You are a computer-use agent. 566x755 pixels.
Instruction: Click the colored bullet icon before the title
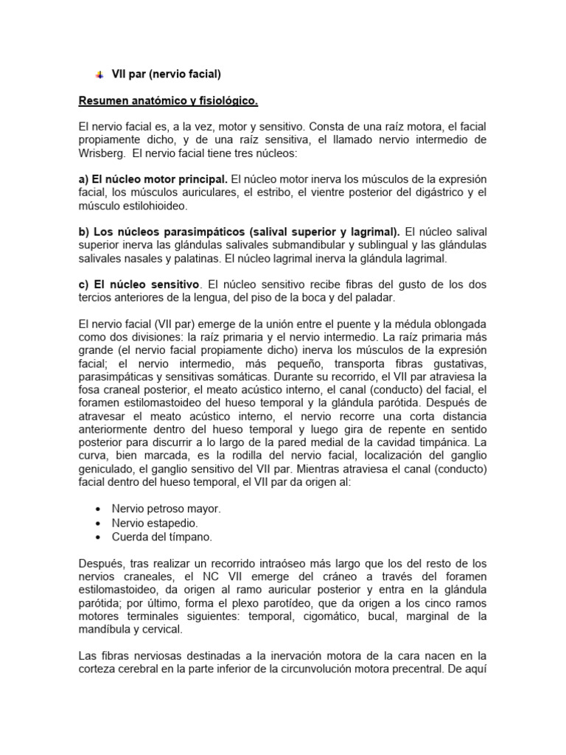tap(99, 74)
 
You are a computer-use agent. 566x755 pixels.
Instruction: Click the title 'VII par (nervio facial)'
tap(166, 74)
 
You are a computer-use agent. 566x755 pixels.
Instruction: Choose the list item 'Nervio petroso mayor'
tap(166, 508)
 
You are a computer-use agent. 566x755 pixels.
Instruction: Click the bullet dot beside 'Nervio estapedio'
tap(99, 523)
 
